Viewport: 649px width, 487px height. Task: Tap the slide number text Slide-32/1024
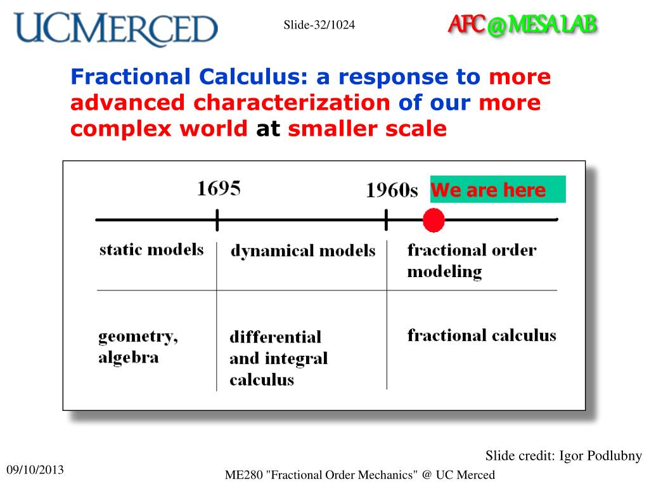point(319,25)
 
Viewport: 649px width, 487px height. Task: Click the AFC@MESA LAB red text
point(522,25)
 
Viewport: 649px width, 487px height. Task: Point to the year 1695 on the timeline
point(219,189)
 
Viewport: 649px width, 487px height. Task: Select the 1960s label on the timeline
point(392,191)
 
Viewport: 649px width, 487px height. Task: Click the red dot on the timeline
point(434,221)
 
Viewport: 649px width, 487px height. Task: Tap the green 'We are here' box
point(498,190)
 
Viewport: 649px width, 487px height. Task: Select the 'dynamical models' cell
point(302,251)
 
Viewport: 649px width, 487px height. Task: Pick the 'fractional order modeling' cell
point(471,261)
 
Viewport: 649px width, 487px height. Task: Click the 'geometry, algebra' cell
point(138,347)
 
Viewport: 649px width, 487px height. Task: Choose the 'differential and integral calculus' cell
point(278,358)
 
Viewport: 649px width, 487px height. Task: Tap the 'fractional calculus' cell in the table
point(481,335)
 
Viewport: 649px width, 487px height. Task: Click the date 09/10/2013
point(35,470)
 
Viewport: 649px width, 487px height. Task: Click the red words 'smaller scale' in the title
point(367,129)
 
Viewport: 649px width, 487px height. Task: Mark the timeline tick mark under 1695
point(217,221)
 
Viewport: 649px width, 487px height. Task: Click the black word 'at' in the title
point(267,129)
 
